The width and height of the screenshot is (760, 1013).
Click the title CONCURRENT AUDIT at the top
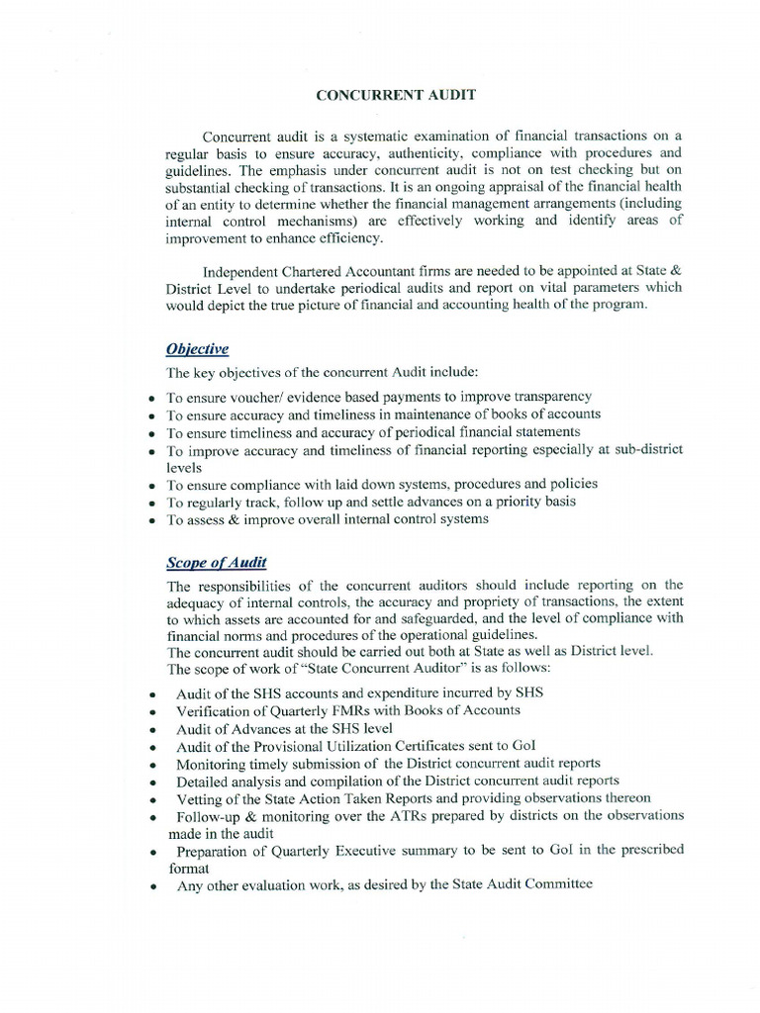point(381,95)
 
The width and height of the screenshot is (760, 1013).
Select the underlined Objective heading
point(197,349)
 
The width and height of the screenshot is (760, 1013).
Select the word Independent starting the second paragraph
point(241,271)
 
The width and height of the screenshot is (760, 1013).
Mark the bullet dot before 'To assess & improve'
point(150,520)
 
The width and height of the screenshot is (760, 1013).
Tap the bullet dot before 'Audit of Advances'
point(153,730)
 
